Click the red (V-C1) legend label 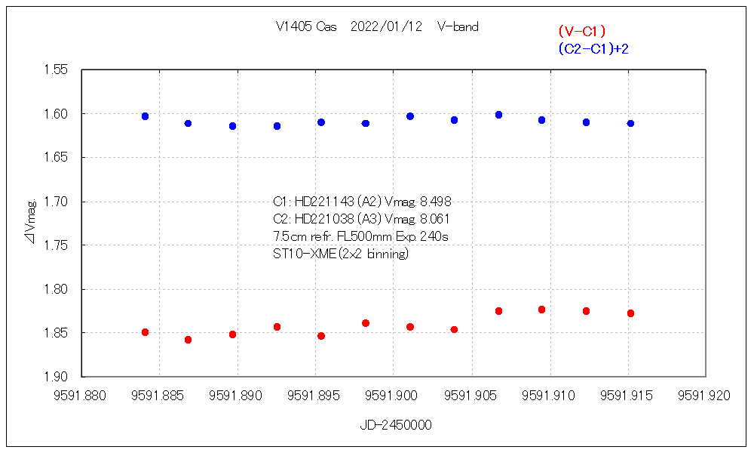(x=582, y=32)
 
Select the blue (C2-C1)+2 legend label (x=593, y=49)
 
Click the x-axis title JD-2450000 (x=396, y=425)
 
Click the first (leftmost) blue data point (x=145, y=116)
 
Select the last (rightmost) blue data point (x=630, y=123)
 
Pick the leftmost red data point (x=145, y=332)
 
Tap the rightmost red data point (x=630, y=313)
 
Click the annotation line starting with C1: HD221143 (x=362, y=202)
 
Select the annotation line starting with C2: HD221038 (x=362, y=219)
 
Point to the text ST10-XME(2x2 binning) (x=341, y=254)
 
